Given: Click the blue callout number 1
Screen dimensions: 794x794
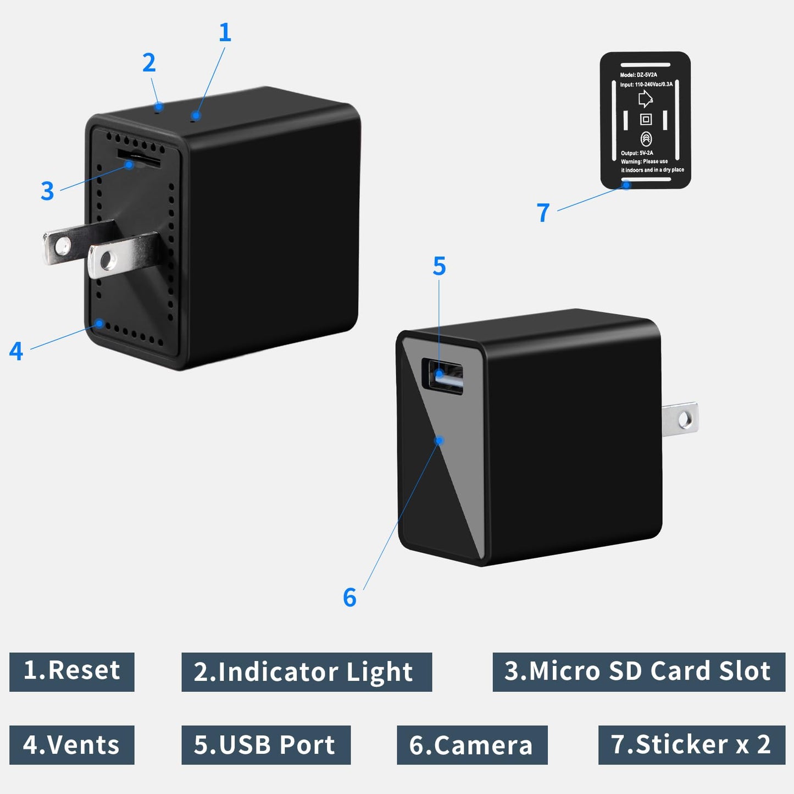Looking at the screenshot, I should tap(225, 33).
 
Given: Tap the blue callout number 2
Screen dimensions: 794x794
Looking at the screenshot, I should tap(149, 63).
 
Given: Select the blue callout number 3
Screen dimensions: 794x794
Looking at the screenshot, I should tap(47, 191).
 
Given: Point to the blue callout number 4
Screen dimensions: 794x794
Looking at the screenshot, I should tap(16, 352).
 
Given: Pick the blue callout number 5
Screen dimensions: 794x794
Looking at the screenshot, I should tap(439, 266).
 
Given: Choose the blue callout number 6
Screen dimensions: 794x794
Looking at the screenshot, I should tap(349, 598).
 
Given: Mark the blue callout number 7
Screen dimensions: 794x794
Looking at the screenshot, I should tap(543, 213).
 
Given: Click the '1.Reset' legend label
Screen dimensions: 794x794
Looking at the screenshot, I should tap(72, 671).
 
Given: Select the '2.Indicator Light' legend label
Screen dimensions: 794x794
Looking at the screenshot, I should tap(307, 672).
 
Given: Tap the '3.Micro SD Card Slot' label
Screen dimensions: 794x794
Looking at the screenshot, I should tap(638, 671).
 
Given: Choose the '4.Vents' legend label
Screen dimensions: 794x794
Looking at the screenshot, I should tap(72, 745).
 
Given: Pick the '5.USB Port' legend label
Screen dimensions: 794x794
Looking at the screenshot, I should tap(266, 745).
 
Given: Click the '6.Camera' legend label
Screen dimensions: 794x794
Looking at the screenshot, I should tap(472, 745).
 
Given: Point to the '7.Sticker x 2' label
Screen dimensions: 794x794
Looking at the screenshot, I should tap(691, 745).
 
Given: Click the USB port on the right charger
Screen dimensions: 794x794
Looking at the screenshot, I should tap(442, 377).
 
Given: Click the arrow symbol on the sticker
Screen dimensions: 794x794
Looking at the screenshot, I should tap(645, 99).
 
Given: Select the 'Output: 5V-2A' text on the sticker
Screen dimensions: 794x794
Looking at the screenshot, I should tap(637, 153).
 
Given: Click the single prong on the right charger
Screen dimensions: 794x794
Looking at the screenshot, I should tap(681, 420).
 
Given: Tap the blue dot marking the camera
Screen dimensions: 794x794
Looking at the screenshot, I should tap(439, 441).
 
